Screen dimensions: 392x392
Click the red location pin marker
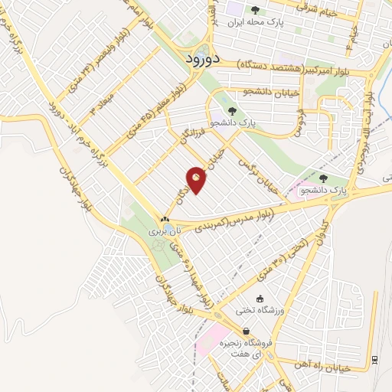click(197, 179)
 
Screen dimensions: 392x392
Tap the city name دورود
click(204, 57)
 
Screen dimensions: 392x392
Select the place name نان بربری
click(162, 230)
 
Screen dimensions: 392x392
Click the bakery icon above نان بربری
click(164, 218)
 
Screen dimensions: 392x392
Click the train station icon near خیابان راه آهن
click(374, 360)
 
